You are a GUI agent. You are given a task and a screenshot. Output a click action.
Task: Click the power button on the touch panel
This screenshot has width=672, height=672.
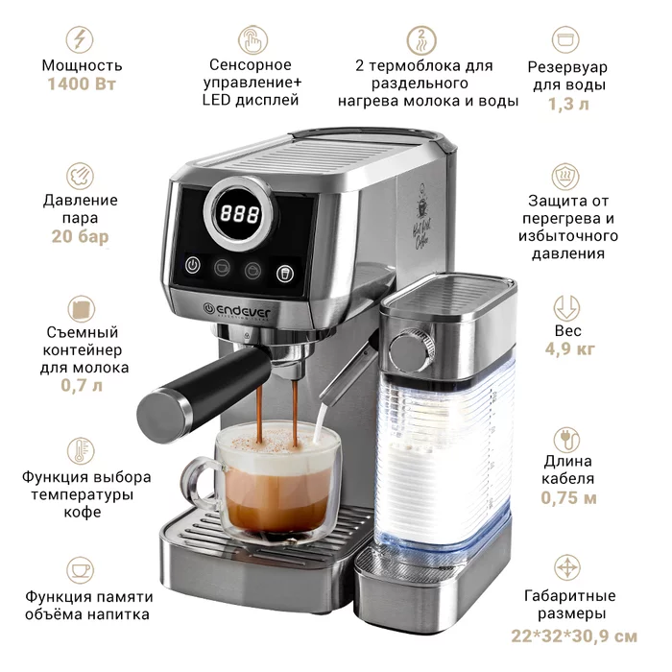193,265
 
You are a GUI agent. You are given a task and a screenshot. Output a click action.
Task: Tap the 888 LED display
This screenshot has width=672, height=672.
240,213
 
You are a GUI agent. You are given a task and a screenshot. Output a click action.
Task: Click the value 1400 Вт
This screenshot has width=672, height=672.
82,84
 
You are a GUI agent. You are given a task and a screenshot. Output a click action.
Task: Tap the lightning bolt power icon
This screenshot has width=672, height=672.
80,39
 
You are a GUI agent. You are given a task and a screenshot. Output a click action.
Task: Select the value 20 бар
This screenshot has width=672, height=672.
80,236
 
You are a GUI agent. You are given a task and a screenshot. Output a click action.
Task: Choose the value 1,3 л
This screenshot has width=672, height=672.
568,104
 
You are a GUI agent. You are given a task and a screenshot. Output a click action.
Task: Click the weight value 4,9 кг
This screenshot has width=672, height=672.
569,348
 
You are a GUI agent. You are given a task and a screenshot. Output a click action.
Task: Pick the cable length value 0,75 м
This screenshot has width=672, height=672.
568,498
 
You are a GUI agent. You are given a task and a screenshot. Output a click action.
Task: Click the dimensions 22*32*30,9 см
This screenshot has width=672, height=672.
574,636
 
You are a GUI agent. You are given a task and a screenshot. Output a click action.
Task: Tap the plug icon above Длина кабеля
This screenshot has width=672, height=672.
566,440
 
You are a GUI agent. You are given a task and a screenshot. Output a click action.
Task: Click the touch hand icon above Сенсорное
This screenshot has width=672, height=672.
252,39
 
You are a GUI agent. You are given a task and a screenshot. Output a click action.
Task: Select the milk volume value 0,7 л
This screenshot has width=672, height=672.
82,385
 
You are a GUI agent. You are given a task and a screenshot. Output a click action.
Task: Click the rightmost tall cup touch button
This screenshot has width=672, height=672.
285,273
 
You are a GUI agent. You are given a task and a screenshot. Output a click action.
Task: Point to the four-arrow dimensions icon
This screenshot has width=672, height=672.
567,568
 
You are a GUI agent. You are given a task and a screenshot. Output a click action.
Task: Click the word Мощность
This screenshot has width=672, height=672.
82,65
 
